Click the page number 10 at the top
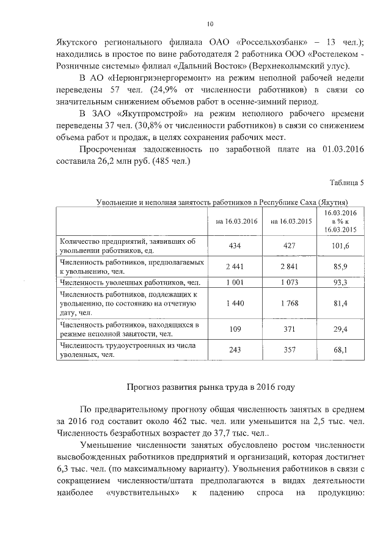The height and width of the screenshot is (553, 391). pos(210,24)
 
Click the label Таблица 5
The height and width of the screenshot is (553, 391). pos(346,183)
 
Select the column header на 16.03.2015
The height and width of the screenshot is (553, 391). pos(291,221)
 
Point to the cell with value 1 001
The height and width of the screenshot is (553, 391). pos(233,282)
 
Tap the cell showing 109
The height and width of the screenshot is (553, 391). pos(233,329)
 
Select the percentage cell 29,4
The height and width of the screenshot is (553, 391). pos(346,329)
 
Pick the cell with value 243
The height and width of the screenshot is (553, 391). pos(233,350)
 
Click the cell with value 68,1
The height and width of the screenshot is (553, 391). pos(346,350)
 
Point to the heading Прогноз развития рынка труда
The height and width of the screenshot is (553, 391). pos(210,387)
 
